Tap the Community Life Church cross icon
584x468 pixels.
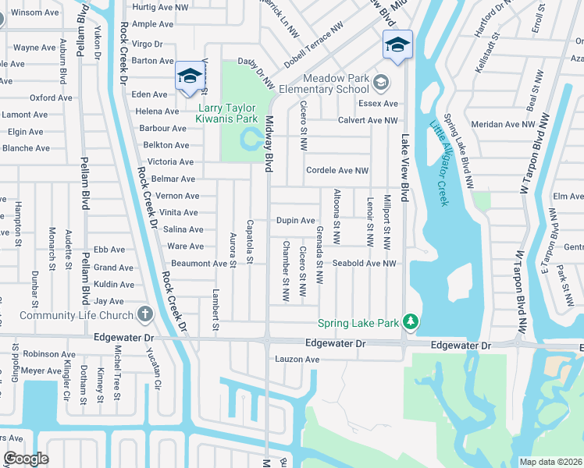144,315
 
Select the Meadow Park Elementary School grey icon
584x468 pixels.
381,81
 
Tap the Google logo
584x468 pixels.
26,459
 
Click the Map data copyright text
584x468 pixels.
551,462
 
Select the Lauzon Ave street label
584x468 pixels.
297,359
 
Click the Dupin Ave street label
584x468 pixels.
295,221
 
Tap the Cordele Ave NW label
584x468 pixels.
337,170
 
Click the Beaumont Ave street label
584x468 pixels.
199,264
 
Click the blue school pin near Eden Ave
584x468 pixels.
188,76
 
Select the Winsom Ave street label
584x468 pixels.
37,12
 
